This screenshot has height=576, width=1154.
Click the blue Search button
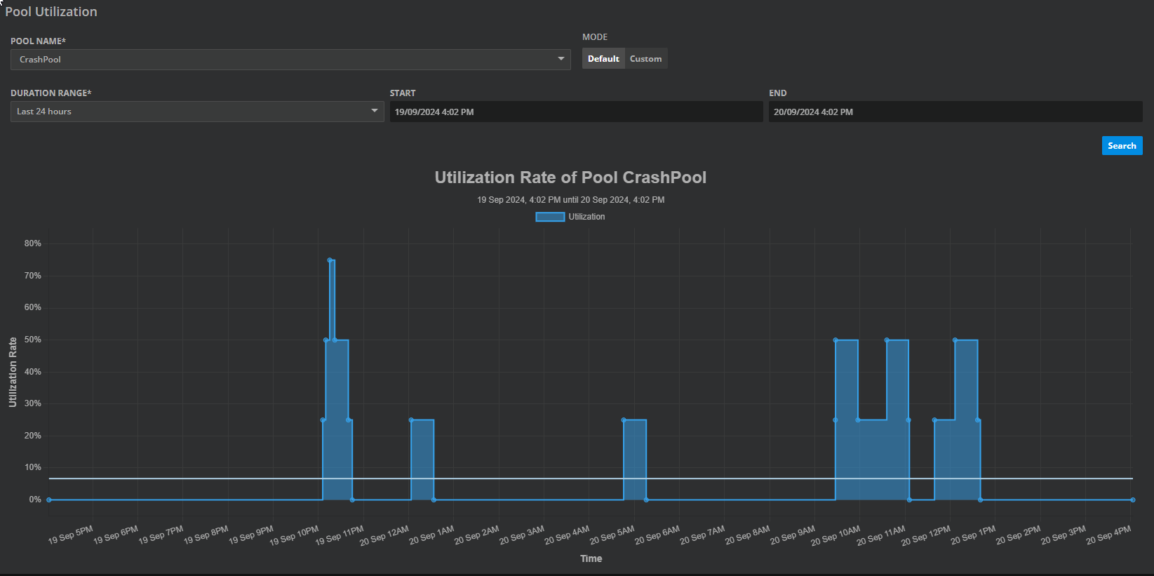pyautogui.click(x=1122, y=146)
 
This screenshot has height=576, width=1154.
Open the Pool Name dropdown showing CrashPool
pyautogui.click(x=290, y=60)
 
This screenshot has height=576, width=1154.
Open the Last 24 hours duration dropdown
pyautogui.click(x=196, y=112)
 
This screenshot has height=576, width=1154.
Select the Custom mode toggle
pyautogui.click(x=645, y=59)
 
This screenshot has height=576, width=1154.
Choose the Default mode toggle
pyautogui.click(x=603, y=59)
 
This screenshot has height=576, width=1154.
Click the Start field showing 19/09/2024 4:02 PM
pyautogui.click(x=575, y=112)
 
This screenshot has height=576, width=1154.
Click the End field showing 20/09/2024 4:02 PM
pyautogui.click(x=955, y=112)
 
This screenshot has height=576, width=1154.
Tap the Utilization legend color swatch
pyautogui.click(x=550, y=217)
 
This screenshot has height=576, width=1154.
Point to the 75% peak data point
pyautogui.click(x=330, y=260)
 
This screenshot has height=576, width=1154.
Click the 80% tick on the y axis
pyautogui.click(x=33, y=243)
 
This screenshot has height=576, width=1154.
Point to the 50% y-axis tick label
pyautogui.click(x=33, y=340)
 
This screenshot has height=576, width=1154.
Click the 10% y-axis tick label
pyautogui.click(x=33, y=467)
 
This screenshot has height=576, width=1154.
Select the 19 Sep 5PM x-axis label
pyautogui.click(x=71, y=535)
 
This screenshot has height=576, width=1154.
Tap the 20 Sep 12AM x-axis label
pyautogui.click(x=384, y=536)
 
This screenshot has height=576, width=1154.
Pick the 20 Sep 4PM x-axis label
pyautogui.click(x=1108, y=535)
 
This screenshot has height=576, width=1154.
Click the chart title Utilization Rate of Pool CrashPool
pyautogui.click(x=570, y=178)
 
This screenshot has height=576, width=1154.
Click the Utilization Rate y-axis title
pyautogui.click(x=13, y=372)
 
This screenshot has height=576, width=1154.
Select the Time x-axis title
pyautogui.click(x=591, y=558)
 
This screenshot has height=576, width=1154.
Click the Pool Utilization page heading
pyautogui.click(x=51, y=12)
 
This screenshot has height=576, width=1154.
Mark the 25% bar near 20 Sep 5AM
pyautogui.click(x=635, y=460)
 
